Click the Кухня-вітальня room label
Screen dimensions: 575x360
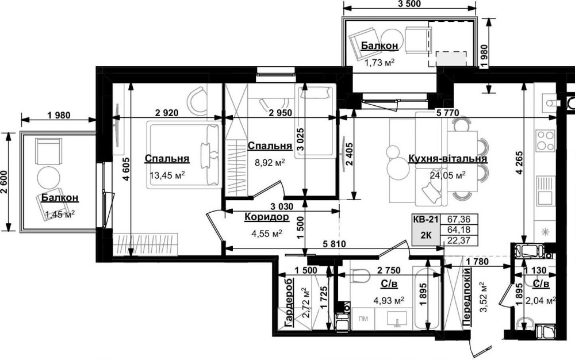[447, 159]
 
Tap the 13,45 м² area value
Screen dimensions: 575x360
[167, 175]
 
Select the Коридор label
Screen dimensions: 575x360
[267, 217]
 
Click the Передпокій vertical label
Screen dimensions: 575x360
[467, 297]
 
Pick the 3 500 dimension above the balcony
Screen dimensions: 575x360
[409, 4]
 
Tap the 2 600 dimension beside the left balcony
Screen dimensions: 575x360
[5, 182]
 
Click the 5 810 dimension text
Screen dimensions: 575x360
[334, 243]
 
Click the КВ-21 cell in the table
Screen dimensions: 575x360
[425, 220]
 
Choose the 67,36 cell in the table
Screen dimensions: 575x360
[459, 220]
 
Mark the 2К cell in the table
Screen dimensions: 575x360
[425, 235]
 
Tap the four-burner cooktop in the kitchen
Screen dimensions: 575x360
[545, 140]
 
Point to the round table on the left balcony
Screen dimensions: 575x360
[49, 178]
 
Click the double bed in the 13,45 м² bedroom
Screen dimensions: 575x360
[185, 155]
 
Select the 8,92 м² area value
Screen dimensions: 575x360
[270, 162]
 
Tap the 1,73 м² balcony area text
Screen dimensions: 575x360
[379, 63]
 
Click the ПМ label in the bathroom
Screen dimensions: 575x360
[363, 319]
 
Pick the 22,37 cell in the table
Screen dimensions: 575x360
[459, 240]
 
